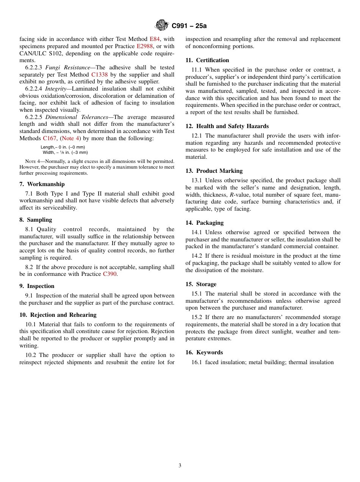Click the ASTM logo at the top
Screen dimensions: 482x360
(x=162, y=25)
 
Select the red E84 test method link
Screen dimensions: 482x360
(x=155, y=39)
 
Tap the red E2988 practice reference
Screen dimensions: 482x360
(x=144, y=46)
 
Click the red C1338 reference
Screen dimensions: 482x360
(x=99, y=75)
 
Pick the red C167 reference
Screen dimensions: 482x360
(x=49, y=138)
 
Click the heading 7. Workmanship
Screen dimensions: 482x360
(x=42, y=184)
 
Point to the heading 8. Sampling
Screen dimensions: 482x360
(x=36, y=220)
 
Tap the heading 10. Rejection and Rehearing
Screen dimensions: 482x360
(x=58, y=315)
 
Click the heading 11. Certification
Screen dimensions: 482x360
(x=207, y=60)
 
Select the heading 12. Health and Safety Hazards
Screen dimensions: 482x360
(x=227, y=126)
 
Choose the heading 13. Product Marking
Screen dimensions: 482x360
(x=214, y=171)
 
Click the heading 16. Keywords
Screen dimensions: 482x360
(x=204, y=352)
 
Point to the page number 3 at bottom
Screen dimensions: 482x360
(x=180, y=466)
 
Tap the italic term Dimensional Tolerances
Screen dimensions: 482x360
(x=77, y=117)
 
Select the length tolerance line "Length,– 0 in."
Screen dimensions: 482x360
(x=63, y=147)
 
